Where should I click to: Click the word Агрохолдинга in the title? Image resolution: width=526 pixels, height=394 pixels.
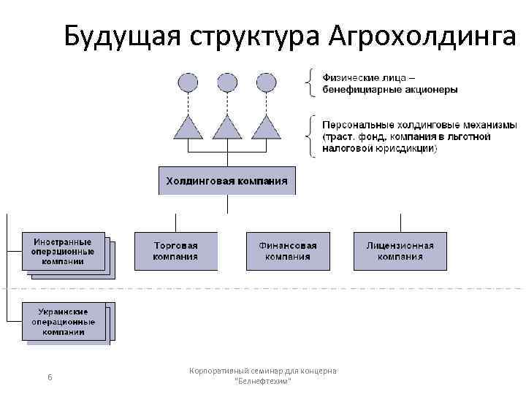[x=423, y=34]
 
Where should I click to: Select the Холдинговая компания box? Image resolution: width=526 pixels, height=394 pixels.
[x=226, y=180]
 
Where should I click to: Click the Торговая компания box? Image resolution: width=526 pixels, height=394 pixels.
[x=175, y=251]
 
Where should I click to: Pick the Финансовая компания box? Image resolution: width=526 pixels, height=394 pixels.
[x=287, y=251]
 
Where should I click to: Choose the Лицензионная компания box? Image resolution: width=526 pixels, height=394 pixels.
[x=400, y=251]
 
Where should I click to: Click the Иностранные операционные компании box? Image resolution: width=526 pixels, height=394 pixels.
[x=63, y=252]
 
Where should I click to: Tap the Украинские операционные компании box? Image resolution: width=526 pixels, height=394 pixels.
[x=63, y=322]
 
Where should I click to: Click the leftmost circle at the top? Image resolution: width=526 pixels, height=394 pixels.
[x=188, y=82]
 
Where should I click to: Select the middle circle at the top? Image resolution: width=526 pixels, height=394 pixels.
[x=227, y=82]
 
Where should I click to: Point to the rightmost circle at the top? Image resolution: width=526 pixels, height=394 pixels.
[x=266, y=82]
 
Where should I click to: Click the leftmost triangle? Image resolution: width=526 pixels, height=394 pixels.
[x=188, y=129]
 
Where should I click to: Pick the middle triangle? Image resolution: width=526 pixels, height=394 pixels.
[x=227, y=129]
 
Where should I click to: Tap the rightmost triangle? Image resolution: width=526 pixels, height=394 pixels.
[x=266, y=129]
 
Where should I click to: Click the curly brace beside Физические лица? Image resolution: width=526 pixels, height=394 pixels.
[x=312, y=82]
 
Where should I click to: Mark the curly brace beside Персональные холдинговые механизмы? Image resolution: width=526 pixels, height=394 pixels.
[x=312, y=136]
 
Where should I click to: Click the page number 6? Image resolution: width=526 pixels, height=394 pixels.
[x=49, y=377]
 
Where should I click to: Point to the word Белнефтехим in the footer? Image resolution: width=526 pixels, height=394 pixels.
[x=263, y=382]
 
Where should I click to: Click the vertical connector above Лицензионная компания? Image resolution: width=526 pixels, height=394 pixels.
[x=400, y=223]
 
